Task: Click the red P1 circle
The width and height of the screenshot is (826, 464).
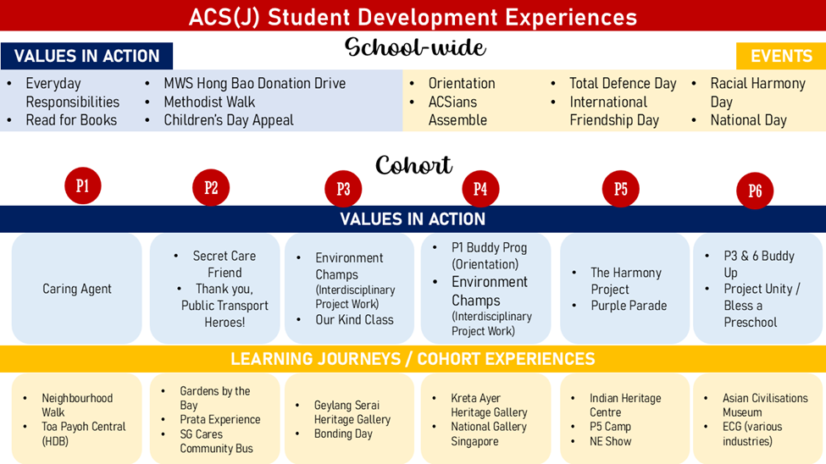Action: (x=83, y=185)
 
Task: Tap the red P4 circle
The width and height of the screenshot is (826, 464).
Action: (x=480, y=189)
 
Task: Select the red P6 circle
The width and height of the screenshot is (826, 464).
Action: (x=755, y=191)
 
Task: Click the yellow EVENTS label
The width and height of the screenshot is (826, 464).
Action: (x=781, y=56)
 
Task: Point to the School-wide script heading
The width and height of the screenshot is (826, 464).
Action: (x=415, y=47)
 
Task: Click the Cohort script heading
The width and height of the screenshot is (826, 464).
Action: (x=413, y=165)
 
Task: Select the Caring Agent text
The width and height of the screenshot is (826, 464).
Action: (x=77, y=289)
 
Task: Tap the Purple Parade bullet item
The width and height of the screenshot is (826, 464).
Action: (x=629, y=306)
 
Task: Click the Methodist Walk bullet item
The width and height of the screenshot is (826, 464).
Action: (x=209, y=102)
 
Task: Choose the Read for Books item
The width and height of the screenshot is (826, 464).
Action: (x=71, y=120)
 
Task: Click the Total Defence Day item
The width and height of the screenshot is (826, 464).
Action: (x=623, y=83)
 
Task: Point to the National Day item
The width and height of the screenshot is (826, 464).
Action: (x=748, y=120)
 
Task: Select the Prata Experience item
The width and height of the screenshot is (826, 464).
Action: (x=219, y=419)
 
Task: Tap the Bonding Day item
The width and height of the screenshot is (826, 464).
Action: (x=343, y=434)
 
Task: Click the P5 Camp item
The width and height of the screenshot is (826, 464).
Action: (x=610, y=427)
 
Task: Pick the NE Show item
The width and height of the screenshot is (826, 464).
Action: (x=610, y=441)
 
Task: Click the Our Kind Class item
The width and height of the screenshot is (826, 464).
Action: (x=354, y=320)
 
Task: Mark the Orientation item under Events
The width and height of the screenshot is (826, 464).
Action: (x=462, y=83)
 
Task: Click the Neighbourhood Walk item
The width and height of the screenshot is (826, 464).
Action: (x=77, y=405)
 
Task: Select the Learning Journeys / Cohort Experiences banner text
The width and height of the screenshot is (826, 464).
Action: (x=413, y=359)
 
